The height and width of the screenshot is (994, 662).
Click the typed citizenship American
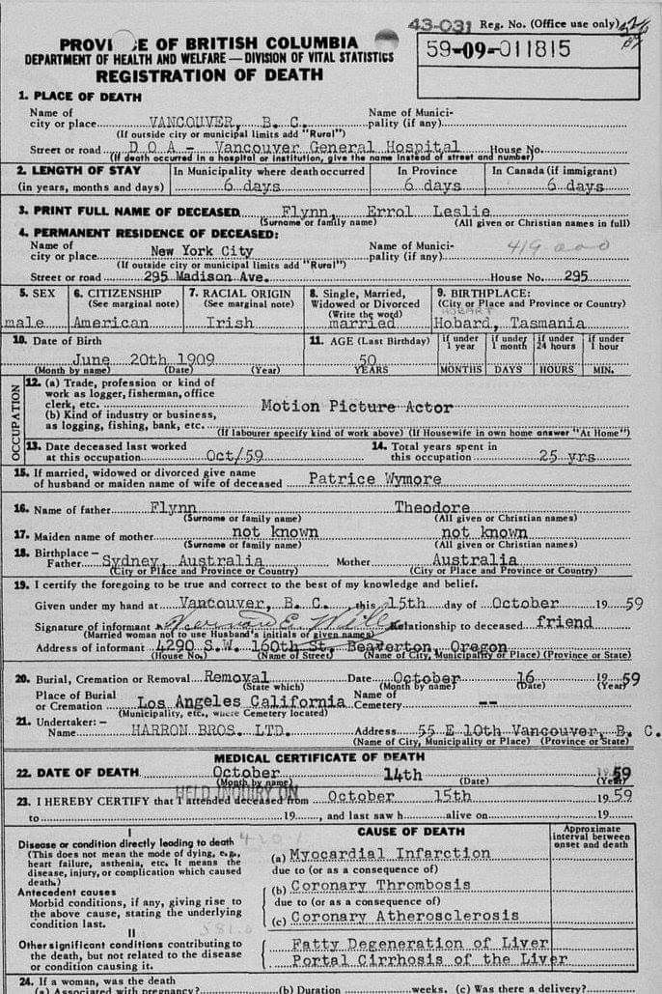pyautogui.click(x=111, y=324)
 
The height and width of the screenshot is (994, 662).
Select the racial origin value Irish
pyautogui.click(x=233, y=324)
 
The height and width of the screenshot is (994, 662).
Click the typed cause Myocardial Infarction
pyautogui.click(x=391, y=854)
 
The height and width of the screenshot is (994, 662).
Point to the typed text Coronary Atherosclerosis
pyautogui.click(x=404, y=916)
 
